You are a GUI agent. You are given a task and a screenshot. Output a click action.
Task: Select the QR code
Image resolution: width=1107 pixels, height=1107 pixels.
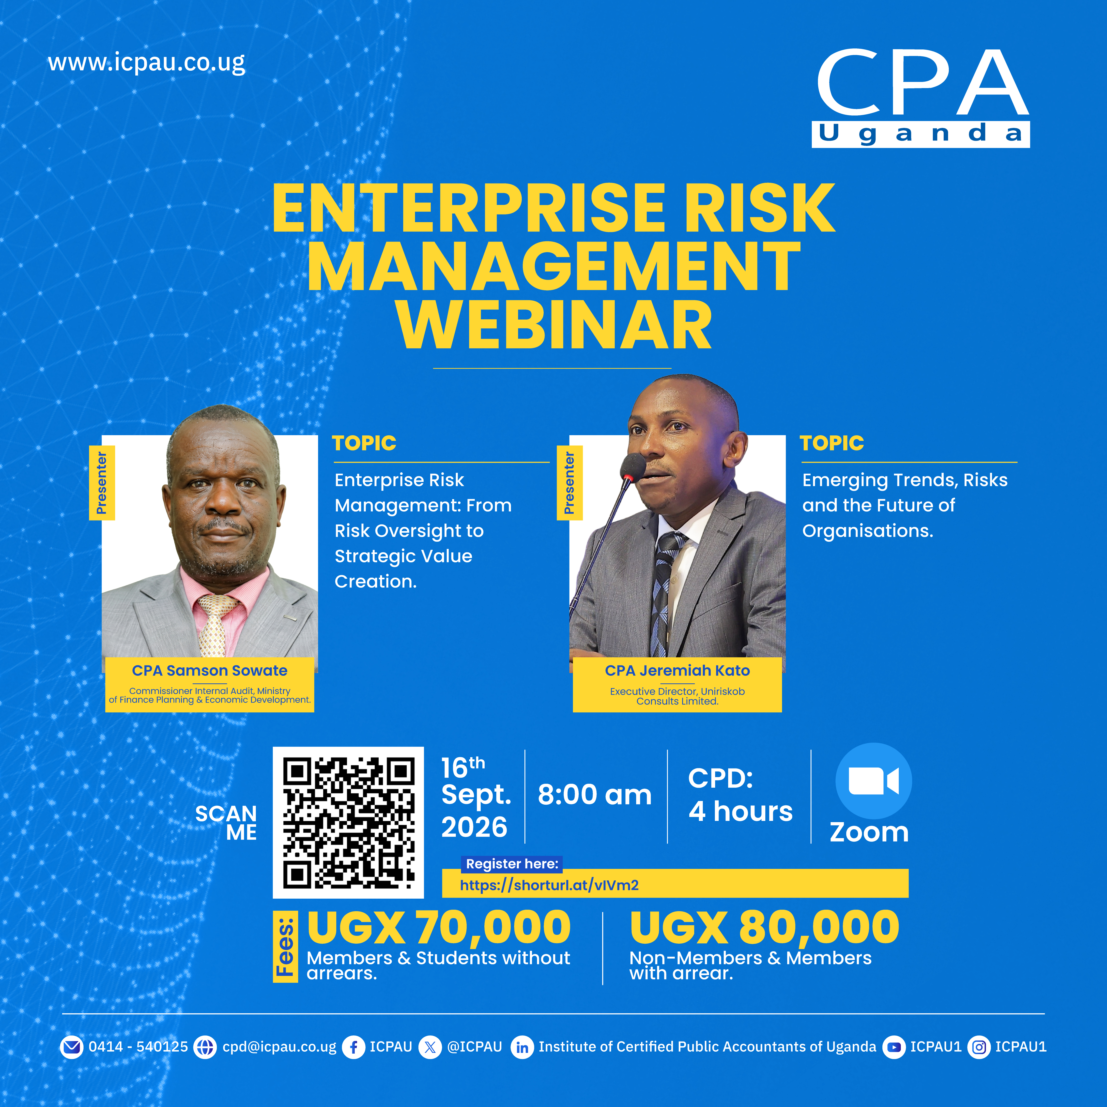coord(348,822)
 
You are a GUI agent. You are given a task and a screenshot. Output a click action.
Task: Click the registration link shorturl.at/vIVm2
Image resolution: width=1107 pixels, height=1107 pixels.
coord(549,885)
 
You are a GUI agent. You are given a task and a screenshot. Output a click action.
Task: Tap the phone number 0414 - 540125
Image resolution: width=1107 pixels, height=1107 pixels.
coord(138,1047)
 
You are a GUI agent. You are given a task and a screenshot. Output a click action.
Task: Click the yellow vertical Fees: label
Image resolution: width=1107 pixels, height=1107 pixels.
coord(285,947)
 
